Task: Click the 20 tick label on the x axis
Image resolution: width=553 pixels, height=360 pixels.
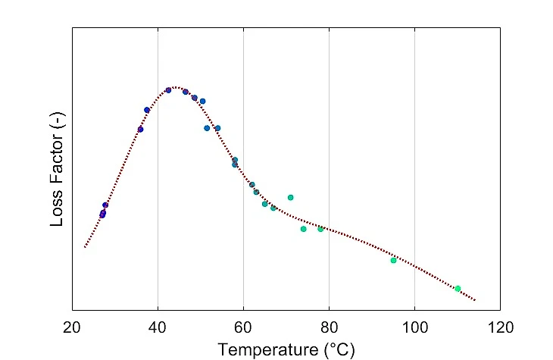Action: (72, 327)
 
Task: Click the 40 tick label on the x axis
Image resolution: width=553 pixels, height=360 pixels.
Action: (158, 327)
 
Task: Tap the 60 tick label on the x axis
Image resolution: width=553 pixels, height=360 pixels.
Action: (243, 327)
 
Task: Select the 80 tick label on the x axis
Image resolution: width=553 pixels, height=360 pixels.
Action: (329, 327)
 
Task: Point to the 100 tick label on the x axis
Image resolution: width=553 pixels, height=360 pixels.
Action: (414, 327)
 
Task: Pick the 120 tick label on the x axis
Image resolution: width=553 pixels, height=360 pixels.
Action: (500, 327)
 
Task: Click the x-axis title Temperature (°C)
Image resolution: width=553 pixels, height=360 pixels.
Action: (286, 349)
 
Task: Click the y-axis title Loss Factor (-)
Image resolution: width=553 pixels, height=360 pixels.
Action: (58, 169)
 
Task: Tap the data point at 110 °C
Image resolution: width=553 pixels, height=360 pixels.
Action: (458, 288)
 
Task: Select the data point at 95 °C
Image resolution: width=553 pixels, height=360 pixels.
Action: (393, 260)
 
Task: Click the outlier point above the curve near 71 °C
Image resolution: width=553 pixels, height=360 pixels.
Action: (290, 197)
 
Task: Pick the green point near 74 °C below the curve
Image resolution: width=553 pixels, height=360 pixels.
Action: (303, 229)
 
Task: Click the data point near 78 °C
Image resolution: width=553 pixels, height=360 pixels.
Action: (320, 229)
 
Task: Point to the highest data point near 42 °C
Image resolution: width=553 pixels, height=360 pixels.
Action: (168, 90)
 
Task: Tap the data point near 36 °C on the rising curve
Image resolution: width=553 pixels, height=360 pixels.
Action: (140, 129)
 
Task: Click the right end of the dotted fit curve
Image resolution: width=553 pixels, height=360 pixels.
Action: (475, 301)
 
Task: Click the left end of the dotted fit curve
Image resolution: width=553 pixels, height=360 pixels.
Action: (85, 246)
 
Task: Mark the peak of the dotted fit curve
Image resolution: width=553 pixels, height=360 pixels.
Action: (175, 88)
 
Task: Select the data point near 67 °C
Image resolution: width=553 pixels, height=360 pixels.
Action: (273, 208)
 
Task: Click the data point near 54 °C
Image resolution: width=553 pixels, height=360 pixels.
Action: (217, 128)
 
